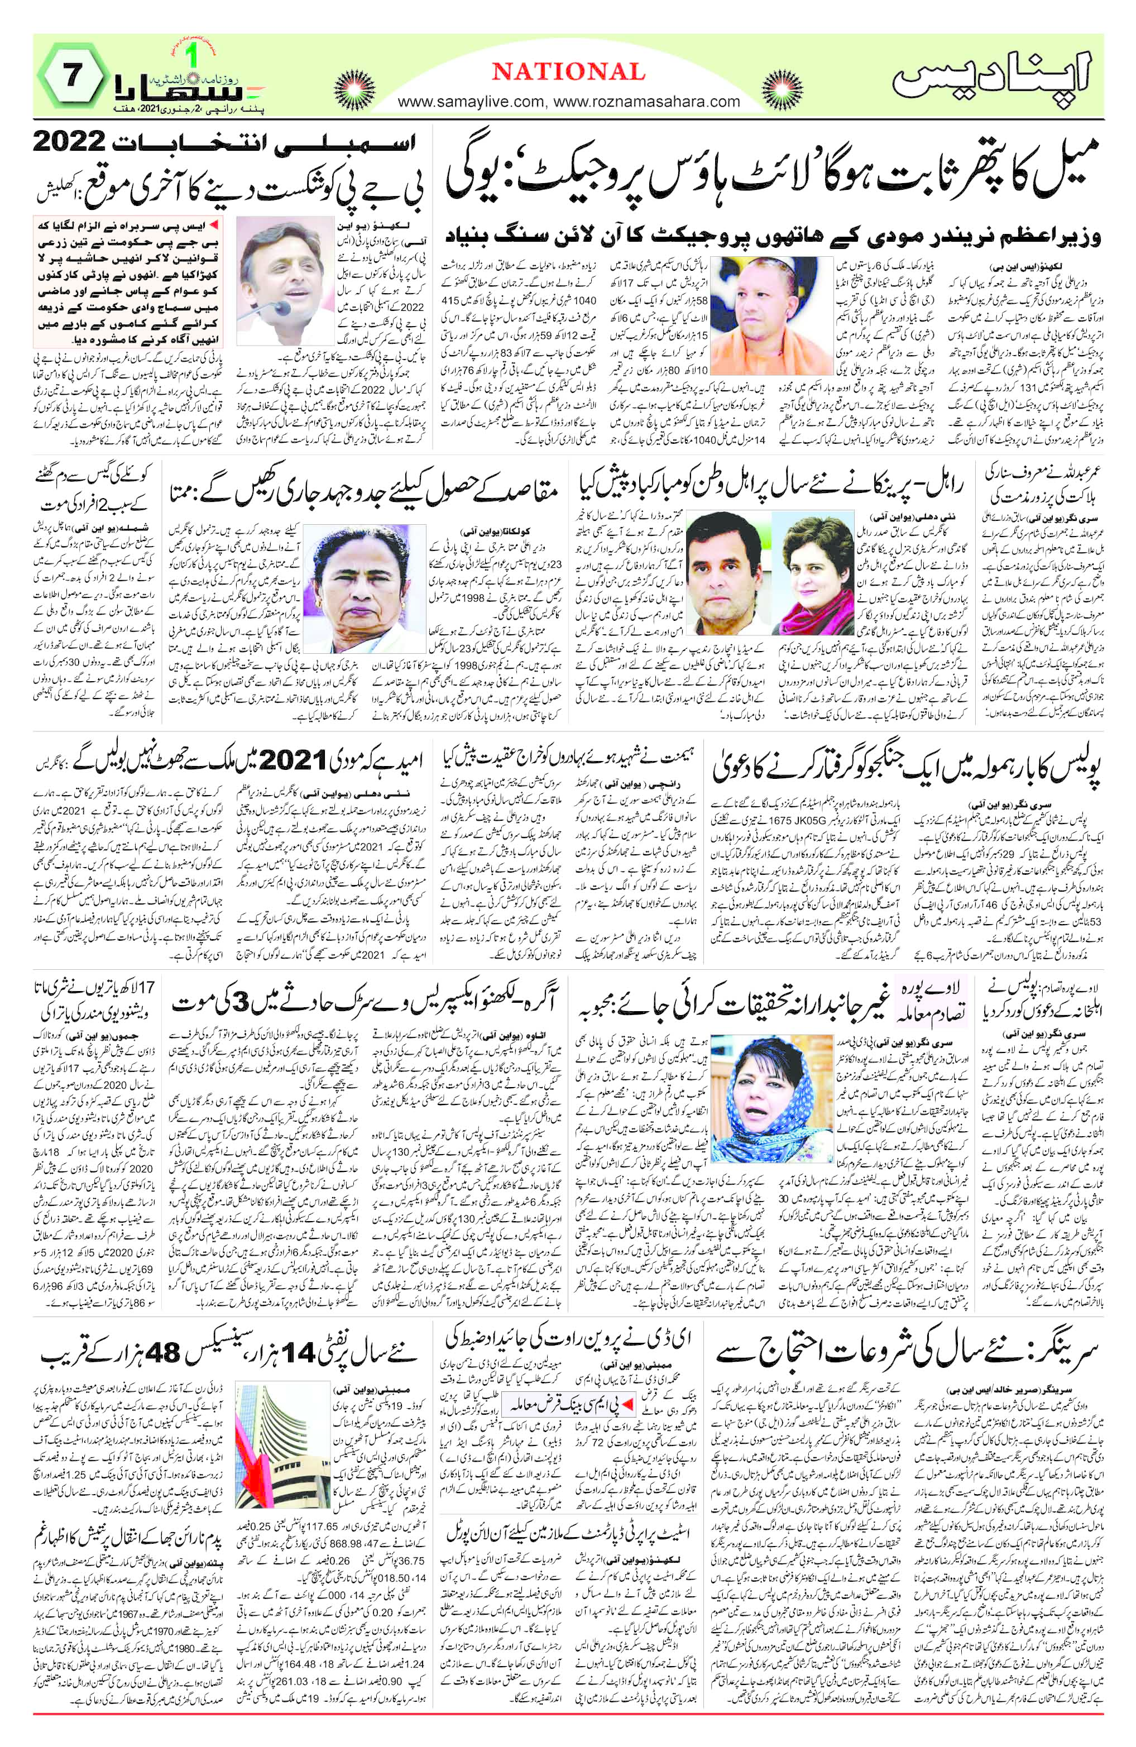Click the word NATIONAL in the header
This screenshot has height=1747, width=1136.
[568, 71]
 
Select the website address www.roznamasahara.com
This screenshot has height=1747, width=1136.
[646, 102]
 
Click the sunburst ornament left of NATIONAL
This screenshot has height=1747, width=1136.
[354, 91]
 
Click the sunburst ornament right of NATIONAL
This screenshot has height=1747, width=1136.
[783, 91]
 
